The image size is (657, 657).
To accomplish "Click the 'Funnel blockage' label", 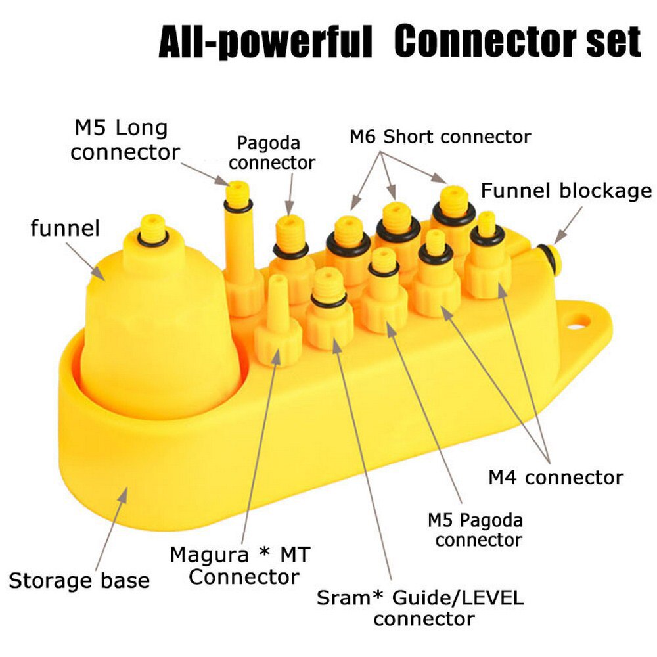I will (566, 191).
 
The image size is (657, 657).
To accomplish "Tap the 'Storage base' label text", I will (79, 581).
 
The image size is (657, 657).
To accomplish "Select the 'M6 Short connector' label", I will (440, 137).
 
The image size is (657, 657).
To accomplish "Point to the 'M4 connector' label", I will (556, 478).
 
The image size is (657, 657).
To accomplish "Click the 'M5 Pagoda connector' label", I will (476, 530).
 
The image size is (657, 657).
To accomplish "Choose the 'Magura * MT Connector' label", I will (240, 566).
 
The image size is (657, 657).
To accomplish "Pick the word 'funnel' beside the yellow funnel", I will (65, 229).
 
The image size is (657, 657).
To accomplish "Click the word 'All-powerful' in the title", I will (265, 43).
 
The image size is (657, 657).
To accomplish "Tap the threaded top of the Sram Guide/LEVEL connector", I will (327, 284).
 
